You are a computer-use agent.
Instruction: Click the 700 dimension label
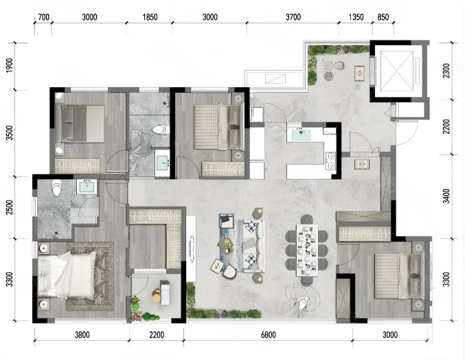point(43,17)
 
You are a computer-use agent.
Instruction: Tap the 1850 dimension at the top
point(150,17)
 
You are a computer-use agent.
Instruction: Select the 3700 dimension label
point(293,17)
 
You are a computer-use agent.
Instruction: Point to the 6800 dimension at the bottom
point(268,335)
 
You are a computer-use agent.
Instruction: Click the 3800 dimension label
point(82,335)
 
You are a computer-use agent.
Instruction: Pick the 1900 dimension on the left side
point(10,65)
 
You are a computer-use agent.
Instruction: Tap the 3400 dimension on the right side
point(446,196)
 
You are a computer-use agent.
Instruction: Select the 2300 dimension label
point(446,71)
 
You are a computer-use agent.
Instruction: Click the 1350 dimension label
point(356,17)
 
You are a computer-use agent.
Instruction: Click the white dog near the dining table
point(302,303)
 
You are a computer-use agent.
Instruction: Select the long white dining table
point(307,250)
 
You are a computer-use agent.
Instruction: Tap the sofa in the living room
point(253,246)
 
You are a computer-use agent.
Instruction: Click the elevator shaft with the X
point(396,71)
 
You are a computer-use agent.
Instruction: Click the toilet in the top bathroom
point(160,130)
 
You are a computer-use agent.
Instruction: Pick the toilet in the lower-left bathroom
point(56,188)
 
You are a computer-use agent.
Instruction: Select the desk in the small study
point(166,293)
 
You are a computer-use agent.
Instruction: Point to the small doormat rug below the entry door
point(362,164)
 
